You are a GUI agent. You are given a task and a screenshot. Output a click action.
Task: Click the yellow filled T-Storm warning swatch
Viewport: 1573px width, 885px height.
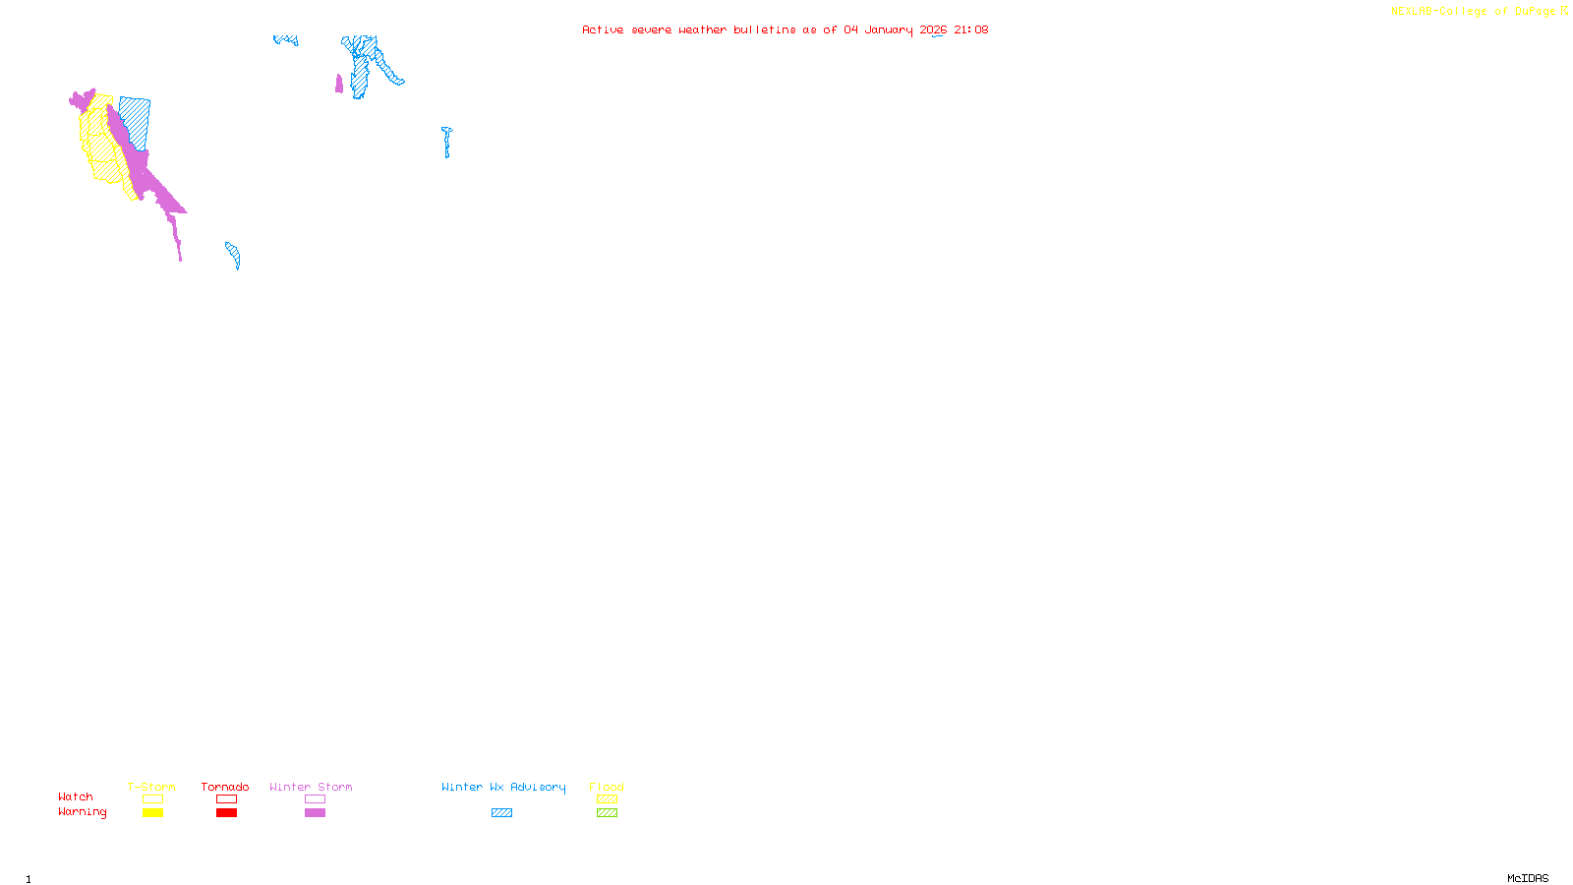tap(152, 813)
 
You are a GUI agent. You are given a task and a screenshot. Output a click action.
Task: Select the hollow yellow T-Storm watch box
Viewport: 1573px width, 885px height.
tap(152, 799)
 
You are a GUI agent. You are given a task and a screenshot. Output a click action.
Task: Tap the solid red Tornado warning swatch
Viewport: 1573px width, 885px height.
tap(226, 813)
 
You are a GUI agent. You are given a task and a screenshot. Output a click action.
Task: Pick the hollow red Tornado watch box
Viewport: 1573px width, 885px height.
tap(226, 799)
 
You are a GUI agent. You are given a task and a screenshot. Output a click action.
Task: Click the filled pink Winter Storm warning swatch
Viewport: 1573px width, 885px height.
tap(315, 813)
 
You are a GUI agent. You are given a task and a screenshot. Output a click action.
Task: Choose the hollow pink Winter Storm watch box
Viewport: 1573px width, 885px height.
tap(315, 799)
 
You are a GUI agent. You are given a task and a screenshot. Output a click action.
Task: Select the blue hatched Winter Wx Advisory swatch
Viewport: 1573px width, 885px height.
tap(501, 813)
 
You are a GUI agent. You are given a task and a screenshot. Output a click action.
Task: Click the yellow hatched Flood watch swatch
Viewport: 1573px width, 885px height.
tap(607, 799)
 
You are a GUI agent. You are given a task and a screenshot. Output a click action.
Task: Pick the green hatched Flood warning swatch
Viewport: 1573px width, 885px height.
tap(607, 813)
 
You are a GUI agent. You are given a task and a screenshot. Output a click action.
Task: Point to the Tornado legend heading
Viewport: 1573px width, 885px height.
tap(225, 787)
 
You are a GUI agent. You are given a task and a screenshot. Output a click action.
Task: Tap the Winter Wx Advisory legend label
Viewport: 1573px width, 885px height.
tap(503, 787)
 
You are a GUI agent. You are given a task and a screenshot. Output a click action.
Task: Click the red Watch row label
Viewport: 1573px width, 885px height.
tap(76, 797)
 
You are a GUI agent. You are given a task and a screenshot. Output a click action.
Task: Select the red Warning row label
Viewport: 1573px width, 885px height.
tap(83, 812)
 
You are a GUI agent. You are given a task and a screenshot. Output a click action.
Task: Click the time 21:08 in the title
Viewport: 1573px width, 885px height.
tap(971, 29)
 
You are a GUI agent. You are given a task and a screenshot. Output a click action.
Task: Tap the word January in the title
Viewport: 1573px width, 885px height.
tap(889, 29)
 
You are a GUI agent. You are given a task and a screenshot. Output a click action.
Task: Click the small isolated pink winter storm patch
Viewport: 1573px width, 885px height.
tap(339, 85)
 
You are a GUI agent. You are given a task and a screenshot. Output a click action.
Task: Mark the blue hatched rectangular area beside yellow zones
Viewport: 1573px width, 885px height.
tap(136, 122)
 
